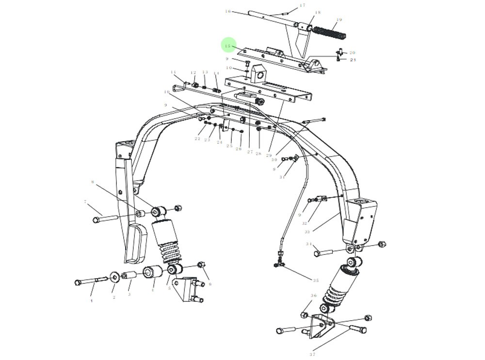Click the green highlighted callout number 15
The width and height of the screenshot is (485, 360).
pos(228,46)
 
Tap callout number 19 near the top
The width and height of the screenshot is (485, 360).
pos(339,20)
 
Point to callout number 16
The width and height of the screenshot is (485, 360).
pos(228,11)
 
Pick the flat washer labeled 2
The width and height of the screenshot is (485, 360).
pos(114,277)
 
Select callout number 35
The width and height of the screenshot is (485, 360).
pos(316,281)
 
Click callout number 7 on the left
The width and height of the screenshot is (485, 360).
pos(85,202)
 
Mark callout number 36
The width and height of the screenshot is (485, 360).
pos(314,296)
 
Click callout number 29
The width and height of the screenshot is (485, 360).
pos(269,155)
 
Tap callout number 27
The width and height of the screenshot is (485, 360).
pos(250,152)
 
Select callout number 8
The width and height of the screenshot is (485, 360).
pos(92,182)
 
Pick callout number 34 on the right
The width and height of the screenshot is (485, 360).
pos(308,244)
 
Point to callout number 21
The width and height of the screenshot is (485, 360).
pos(353,60)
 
